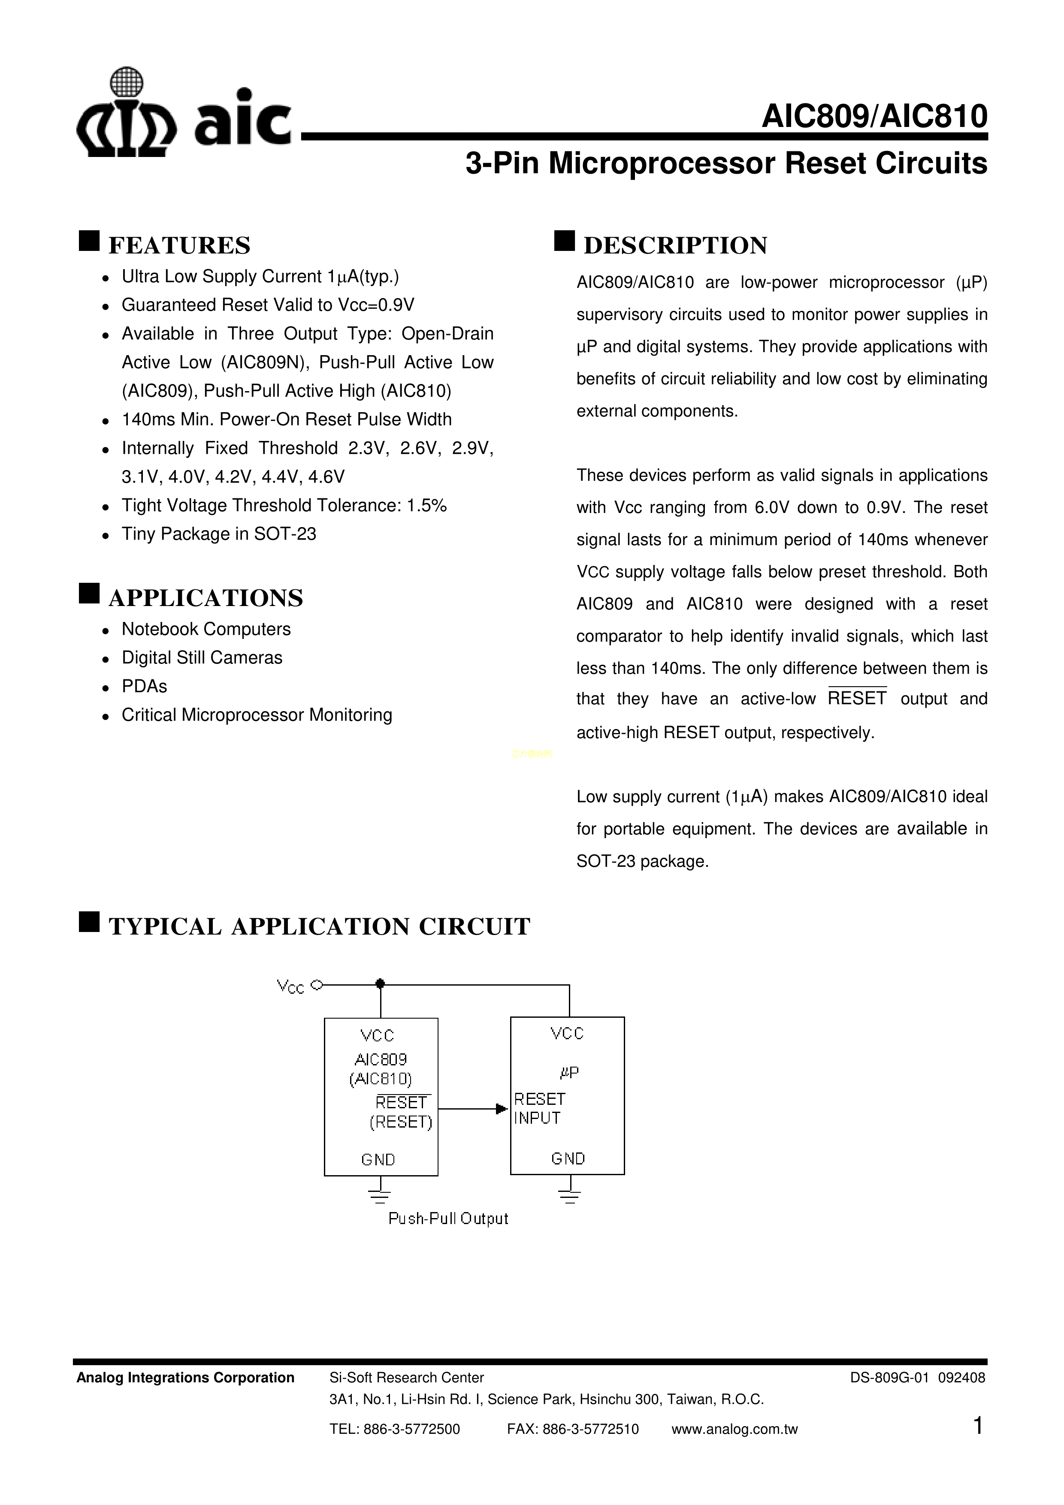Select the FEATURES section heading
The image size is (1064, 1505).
tap(179, 246)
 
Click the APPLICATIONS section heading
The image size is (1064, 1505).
tap(205, 598)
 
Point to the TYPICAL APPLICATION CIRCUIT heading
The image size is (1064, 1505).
tap(319, 927)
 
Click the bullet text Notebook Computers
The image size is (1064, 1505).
tap(206, 629)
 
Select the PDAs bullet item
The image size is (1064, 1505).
tap(144, 686)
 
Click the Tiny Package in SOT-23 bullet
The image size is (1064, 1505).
tap(218, 534)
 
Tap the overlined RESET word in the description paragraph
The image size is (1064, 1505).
tap(857, 699)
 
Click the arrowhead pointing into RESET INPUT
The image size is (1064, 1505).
tap(502, 1109)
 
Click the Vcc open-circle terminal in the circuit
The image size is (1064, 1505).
tap(317, 985)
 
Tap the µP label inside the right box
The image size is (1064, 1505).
tap(569, 1073)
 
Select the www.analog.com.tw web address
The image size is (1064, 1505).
tap(734, 1430)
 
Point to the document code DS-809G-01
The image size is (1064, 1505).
tap(890, 1378)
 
